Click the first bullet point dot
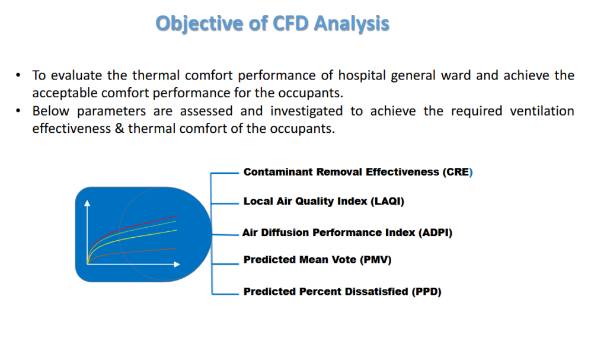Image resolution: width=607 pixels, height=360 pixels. (18, 75)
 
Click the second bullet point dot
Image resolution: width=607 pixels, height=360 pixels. (18, 111)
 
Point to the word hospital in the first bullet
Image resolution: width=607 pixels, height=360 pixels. (362, 75)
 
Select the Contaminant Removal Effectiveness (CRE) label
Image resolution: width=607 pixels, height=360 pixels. (358, 171)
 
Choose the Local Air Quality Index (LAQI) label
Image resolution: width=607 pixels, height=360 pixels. (324, 201)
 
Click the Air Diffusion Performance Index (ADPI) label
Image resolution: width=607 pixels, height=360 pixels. (347, 232)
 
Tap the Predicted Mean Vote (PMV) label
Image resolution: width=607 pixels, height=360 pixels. (318, 260)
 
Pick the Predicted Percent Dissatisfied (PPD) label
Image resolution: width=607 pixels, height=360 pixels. (342, 291)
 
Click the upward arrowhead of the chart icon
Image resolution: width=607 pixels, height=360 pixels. (87, 203)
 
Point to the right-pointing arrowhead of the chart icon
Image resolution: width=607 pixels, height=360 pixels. (177, 265)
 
